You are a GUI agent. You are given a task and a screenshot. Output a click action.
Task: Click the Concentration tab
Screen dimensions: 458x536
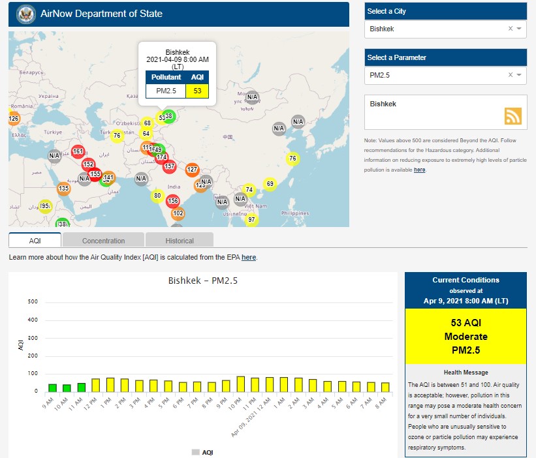pyautogui.click(x=103, y=241)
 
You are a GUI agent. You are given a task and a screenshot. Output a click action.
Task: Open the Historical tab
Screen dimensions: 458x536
pyautogui.click(x=179, y=241)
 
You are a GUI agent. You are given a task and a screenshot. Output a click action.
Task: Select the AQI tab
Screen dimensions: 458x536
pyautogui.click(x=35, y=241)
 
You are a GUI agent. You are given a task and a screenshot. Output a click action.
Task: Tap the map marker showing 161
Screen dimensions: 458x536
pyautogui.click(x=78, y=151)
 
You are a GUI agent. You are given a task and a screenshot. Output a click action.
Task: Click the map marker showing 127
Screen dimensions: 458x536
pyautogui.click(x=192, y=170)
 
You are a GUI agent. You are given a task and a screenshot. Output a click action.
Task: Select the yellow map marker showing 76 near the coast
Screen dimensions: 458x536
pyautogui.click(x=292, y=159)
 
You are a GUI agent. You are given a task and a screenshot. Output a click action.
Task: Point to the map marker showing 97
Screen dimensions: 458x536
pyautogui.click(x=251, y=219)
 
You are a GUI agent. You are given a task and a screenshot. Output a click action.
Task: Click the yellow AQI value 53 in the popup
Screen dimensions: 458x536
pyautogui.click(x=197, y=90)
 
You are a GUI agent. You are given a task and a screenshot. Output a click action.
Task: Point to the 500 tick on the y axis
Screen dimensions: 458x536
pyautogui.click(x=33, y=302)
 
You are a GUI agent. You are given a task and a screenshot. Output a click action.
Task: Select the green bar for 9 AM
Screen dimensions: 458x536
pyautogui.click(x=52, y=388)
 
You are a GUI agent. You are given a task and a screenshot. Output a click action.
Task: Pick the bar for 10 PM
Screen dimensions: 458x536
pyautogui.click(x=240, y=384)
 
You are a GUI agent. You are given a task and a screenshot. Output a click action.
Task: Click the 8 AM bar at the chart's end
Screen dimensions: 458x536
pyautogui.click(x=385, y=387)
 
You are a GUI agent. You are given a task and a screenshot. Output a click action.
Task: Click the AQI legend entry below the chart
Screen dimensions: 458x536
pyautogui.click(x=202, y=452)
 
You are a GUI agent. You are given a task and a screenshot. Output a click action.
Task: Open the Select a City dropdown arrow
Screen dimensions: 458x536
pyautogui.click(x=519, y=29)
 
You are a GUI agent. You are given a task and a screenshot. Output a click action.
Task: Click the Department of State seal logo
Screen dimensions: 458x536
pyautogui.click(x=26, y=13)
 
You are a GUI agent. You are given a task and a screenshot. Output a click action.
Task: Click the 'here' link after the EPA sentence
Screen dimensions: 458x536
pyautogui.click(x=249, y=258)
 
